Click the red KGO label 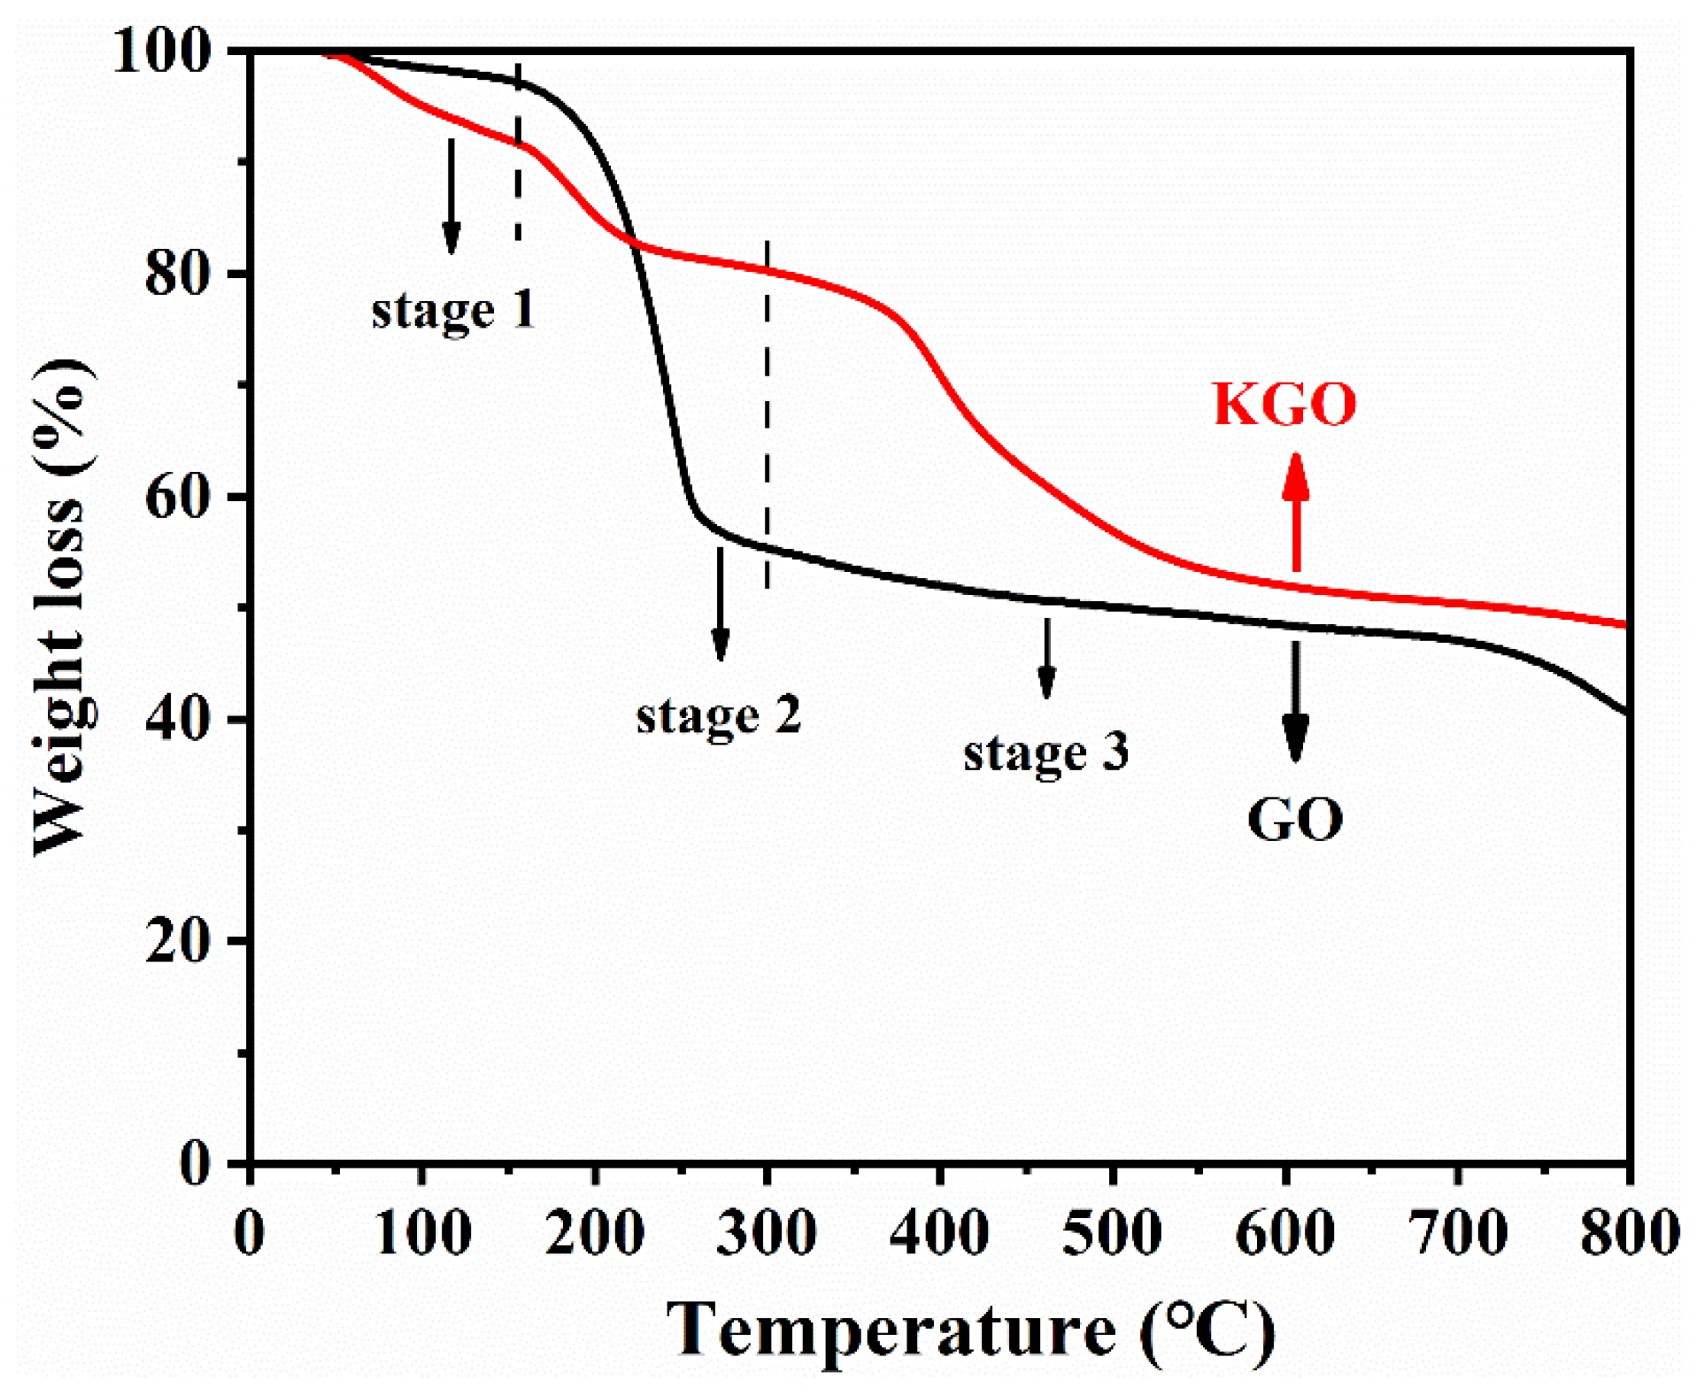point(1284,406)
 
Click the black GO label point(1295,820)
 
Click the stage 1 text point(454,312)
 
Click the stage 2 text point(719,716)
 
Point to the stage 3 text point(1046,755)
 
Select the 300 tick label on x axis point(766,1232)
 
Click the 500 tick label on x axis point(1111,1232)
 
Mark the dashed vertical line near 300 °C point(767,417)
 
